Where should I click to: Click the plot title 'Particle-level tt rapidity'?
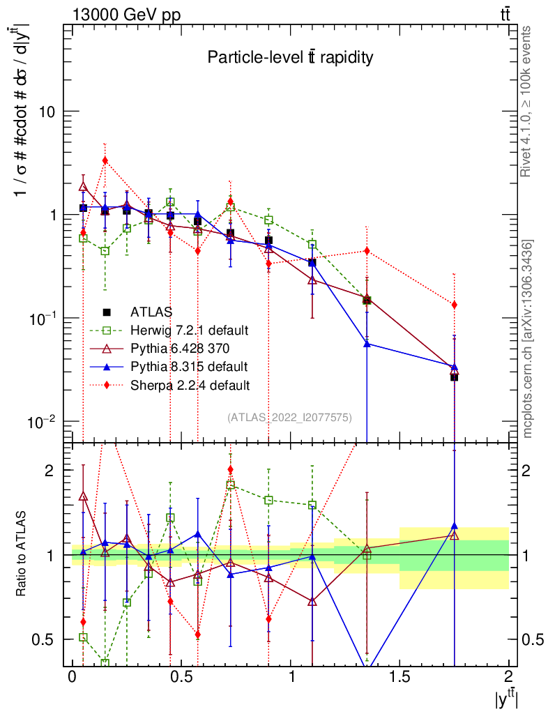pos(290,58)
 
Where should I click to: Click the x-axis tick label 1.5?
pos(399,677)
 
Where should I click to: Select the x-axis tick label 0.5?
pos(181,677)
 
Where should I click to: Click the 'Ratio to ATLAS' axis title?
pos(22,554)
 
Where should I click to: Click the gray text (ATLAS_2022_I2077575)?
pos(289,417)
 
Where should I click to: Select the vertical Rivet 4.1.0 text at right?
pos(528,101)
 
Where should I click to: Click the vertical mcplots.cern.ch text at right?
pos(528,338)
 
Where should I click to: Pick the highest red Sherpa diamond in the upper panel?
pos(105,160)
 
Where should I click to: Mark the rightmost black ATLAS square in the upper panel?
pos(454,377)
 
